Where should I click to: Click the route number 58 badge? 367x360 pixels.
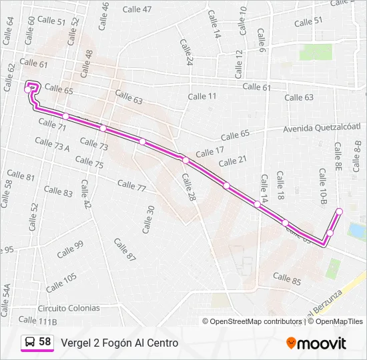pos(45,342)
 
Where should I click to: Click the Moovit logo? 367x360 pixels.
pos(316,343)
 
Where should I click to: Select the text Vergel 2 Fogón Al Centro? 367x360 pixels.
pos(119,343)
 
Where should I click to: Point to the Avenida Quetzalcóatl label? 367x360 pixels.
pos(322,128)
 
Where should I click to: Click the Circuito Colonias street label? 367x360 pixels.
pos(69,308)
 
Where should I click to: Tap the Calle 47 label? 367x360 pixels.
pos(137,9)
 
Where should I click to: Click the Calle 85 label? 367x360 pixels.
pos(287,277)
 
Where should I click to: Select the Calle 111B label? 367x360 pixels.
pos(38,321)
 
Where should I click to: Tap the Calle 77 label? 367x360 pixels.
pos(131,185)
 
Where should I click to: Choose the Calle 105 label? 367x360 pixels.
pos(61,282)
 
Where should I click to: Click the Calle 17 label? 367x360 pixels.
pos(210,153)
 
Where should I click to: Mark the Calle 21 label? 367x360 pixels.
pos(233,161)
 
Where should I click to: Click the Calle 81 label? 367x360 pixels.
pos(21,176)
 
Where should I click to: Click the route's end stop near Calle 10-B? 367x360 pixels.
pos(339,211)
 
